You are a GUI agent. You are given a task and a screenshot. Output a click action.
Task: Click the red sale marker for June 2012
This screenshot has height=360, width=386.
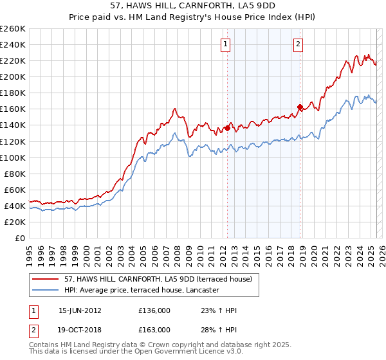227,128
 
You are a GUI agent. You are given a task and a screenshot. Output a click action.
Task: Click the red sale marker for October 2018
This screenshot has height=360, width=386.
300,107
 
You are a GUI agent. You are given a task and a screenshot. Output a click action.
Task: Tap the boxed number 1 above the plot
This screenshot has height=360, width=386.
226,44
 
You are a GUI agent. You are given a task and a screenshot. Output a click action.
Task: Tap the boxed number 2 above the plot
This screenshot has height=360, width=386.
299,44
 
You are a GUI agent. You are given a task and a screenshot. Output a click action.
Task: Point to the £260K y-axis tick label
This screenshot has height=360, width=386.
13,28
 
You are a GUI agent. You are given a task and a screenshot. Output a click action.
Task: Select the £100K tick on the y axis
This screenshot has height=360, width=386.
13,157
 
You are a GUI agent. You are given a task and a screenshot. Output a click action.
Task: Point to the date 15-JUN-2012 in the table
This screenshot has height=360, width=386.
80,310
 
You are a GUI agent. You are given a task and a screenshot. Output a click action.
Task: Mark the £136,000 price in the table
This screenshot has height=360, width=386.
154,310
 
